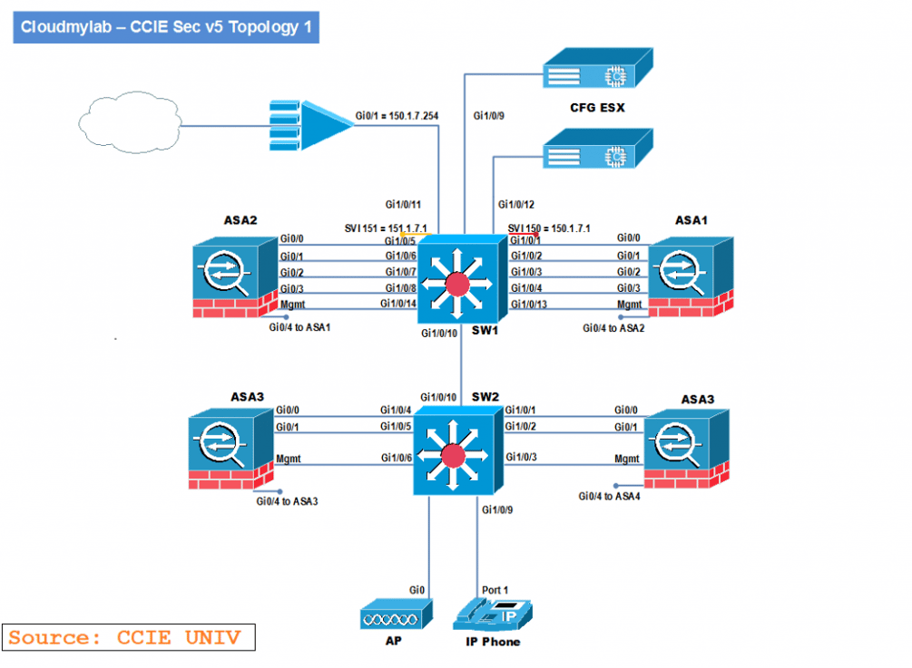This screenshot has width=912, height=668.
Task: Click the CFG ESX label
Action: click(597, 108)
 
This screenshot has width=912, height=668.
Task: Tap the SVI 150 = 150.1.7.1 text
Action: click(548, 228)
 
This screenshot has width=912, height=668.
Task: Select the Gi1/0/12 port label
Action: click(516, 205)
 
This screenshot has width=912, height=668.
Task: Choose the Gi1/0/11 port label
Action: click(403, 205)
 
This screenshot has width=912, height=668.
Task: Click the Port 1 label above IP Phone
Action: click(495, 590)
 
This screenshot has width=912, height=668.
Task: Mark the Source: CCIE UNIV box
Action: click(128, 637)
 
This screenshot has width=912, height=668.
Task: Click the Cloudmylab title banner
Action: click(165, 27)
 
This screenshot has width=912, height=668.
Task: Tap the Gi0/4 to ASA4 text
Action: click(610, 496)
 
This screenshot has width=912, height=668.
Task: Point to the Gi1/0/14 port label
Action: click(398, 304)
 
